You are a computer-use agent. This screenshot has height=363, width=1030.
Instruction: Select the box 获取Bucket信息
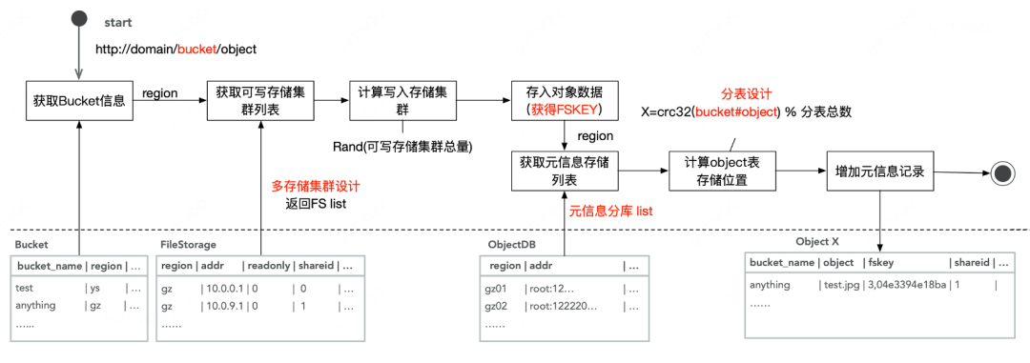pos(79,100)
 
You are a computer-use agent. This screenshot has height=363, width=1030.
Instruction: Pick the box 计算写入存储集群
pos(402,100)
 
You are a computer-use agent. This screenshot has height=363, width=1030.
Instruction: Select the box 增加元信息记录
pos(875,172)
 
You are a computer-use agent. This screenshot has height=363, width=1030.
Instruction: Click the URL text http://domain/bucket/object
pos(175,49)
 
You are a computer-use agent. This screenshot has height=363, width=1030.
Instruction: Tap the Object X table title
pos(818,242)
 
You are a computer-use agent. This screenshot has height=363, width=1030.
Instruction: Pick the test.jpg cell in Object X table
pos(840,285)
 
